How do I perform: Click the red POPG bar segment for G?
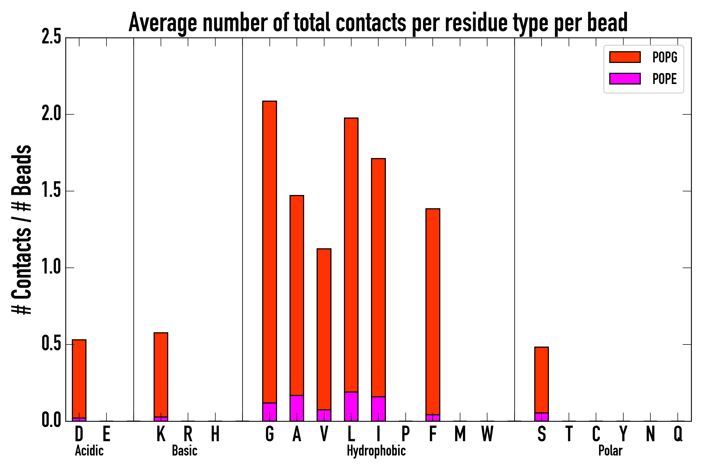click(269, 252)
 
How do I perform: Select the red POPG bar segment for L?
click(351, 255)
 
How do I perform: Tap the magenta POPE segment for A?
click(297, 408)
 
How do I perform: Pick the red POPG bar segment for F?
click(433, 312)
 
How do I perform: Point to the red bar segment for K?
click(161, 375)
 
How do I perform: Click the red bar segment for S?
click(542, 380)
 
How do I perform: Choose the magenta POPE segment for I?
click(378, 409)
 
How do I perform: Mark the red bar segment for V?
click(324, 329)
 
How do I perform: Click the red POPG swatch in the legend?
click(625, 57)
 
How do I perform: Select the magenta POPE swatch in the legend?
click(625, 79)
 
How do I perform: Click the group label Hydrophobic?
click(376, 451)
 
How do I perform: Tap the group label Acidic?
click(89, 451)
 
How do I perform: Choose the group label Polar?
click(610, 451)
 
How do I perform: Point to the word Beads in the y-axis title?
click(22, 170)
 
